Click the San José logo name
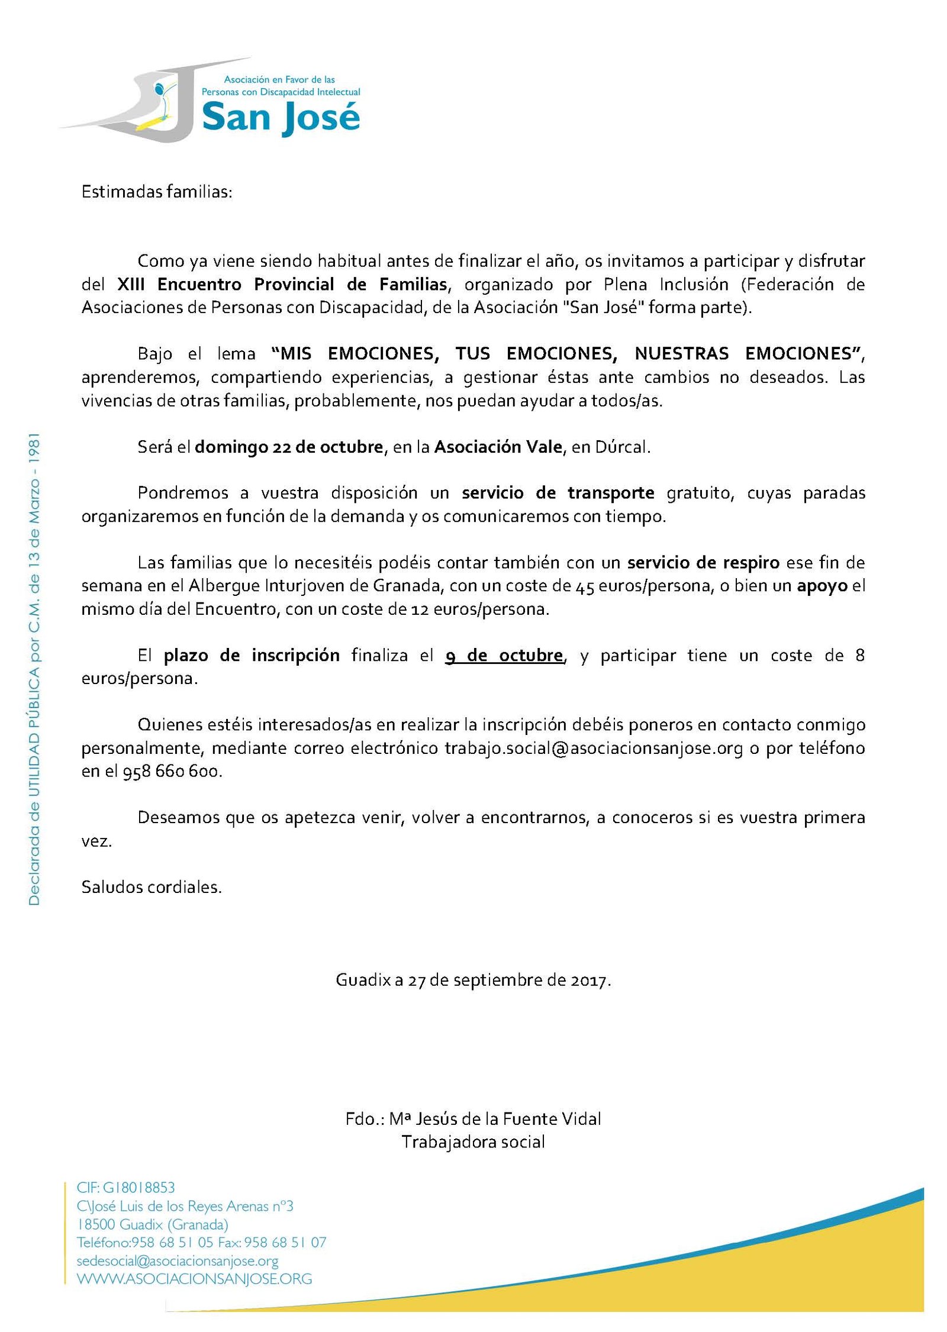tap(281, 118)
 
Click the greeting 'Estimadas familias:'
tap(157, 192)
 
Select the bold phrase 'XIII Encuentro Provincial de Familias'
tap(282, 285)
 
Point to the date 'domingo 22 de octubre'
tap(289, 447)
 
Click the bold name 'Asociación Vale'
tap(498, 447)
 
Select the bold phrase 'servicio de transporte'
tap(558, 493)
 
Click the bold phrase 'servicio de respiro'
tap(703, 562)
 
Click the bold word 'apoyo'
tap(822, 586)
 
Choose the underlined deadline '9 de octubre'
tap(504, 656)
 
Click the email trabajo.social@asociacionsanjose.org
tap(593, 748)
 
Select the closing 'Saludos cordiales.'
tap(152, 887)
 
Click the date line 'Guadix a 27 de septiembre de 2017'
tap(473, 981)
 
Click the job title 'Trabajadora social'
tap(473, 1142)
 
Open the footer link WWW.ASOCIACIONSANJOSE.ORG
tap(194, 1279)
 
